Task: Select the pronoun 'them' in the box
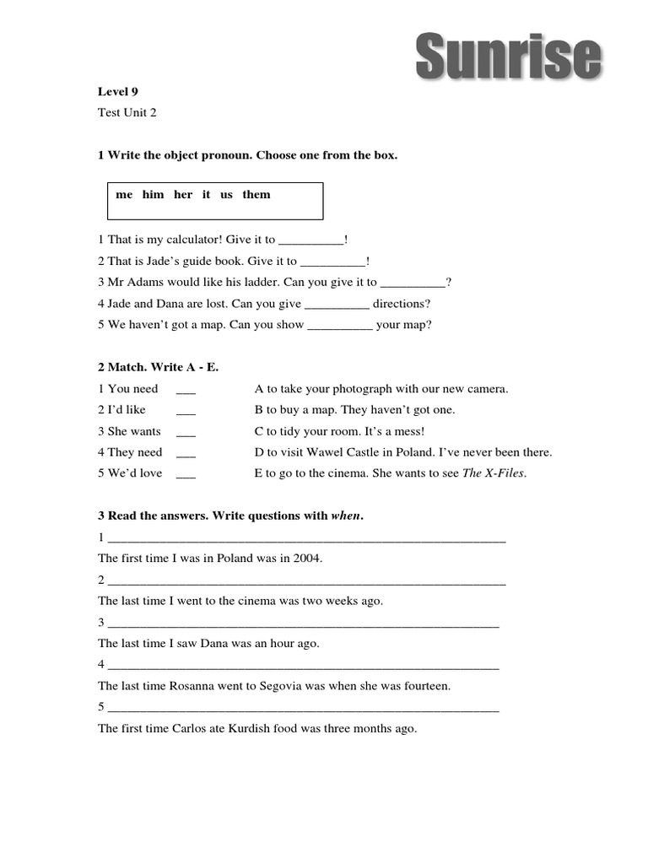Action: click(x=256, y=195)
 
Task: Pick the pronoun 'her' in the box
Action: click(x=183, y=195)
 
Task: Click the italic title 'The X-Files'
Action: click(x=494, y=473)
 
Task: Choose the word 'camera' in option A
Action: click(x=488, y=389)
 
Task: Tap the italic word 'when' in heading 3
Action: click(x=346, y=516)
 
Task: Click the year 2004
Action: click(x=307, y=558)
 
